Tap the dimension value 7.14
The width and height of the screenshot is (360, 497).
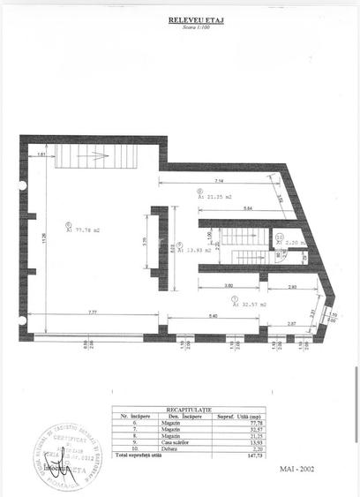click(219, 182)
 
